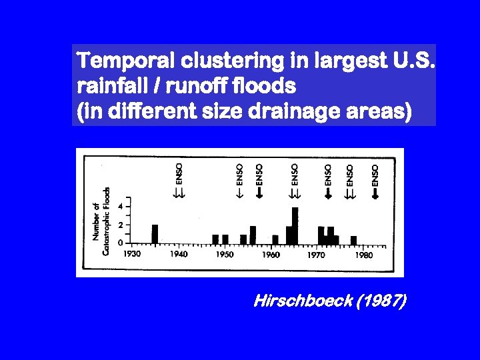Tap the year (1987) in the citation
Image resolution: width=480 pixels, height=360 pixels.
pos(381,302)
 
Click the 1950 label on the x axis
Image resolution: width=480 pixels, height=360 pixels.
pos(224,254)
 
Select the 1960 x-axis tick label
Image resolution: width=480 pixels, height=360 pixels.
pos(271,254)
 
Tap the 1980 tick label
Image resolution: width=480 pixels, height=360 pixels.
pos(363,254)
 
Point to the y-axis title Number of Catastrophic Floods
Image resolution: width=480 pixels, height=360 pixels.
pos(102,220)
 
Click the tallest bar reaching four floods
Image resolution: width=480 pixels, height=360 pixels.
pos(295,225)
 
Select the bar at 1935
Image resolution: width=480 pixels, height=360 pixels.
pos(155,234)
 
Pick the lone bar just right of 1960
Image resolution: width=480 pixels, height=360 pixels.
pos(275,239)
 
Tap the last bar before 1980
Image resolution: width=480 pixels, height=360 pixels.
pos(354,240)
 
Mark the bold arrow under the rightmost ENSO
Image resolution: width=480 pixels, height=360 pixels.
pos(375,194)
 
